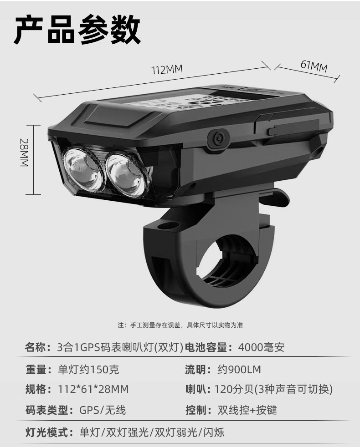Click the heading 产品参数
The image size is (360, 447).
click(x=77, y=30)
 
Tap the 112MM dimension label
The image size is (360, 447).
click(x=167, y=70)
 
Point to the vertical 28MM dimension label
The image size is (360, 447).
click(x=24, y=153)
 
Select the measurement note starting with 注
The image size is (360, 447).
click(x=180, y=325)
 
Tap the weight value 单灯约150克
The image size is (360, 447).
click(x=89, y=369)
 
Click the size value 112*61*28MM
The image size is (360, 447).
click(x=93, y=390)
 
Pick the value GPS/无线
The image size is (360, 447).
click(x=103, y=410)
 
